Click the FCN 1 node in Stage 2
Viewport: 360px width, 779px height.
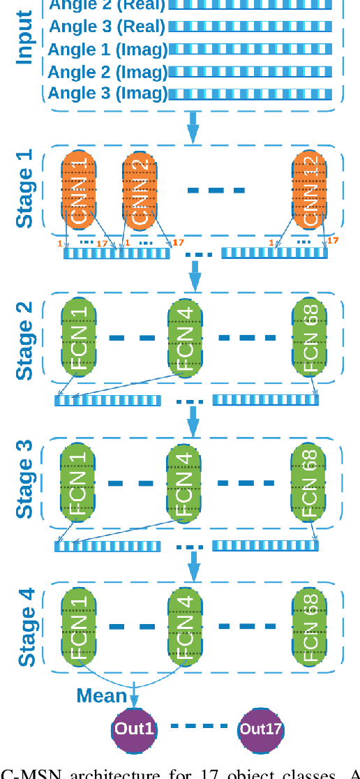[78, 339]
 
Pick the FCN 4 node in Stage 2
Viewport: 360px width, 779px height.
[185, 339]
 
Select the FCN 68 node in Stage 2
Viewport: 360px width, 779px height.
[309, 339]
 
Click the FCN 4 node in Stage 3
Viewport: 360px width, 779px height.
[185, 484]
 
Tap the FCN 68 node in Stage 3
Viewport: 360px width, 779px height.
[309, 484]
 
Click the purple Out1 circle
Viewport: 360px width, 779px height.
[133, 729]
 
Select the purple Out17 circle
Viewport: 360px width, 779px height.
[261, 729]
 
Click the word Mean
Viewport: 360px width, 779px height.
[102, 695]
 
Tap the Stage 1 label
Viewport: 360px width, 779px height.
[25, 188]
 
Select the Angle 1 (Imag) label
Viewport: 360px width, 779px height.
[107, 50]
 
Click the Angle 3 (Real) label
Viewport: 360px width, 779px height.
[107, 27]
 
